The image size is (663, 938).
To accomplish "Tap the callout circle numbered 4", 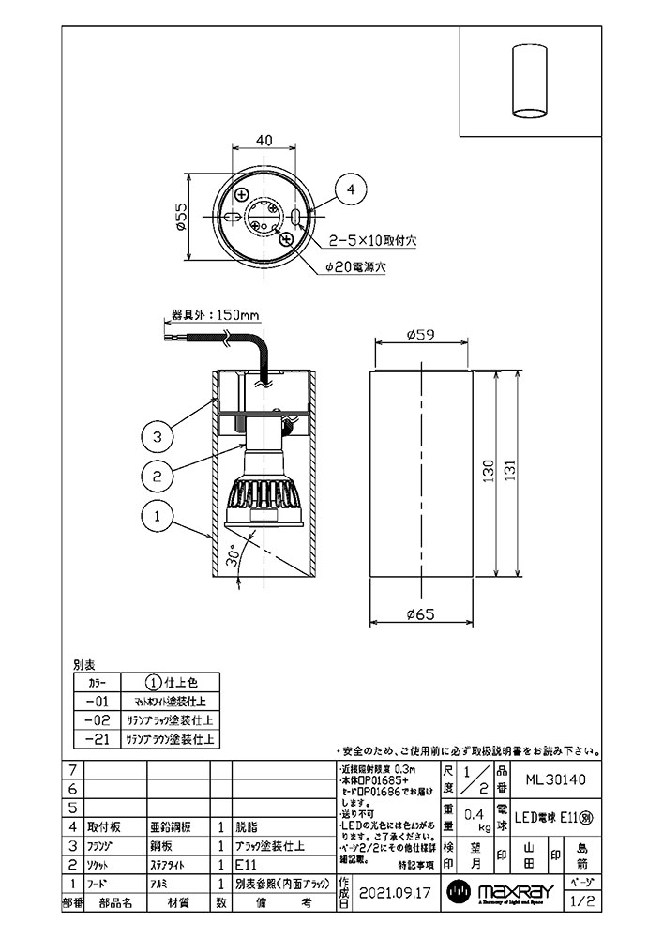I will pyautogui.click(x=351, y=190).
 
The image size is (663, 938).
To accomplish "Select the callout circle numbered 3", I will pyautogui.click(x=159, y=436).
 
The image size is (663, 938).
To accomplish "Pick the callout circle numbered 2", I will pyautogui.click(x=159, y=476).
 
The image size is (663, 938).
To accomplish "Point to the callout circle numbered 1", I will pyautogui.click(x=159, y=515).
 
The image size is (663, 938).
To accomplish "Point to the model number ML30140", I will pyautogui.click(x=555, y=779).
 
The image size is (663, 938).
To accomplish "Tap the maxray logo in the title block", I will pyautogui.click(x=501, y=892).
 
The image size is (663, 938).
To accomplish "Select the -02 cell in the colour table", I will pyautogui.click(x=96, y=720).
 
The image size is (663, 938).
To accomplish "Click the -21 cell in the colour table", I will pyautogui.click(x=96, y=739).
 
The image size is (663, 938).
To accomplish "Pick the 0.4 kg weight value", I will pyautogui.click(x=476, y=816).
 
